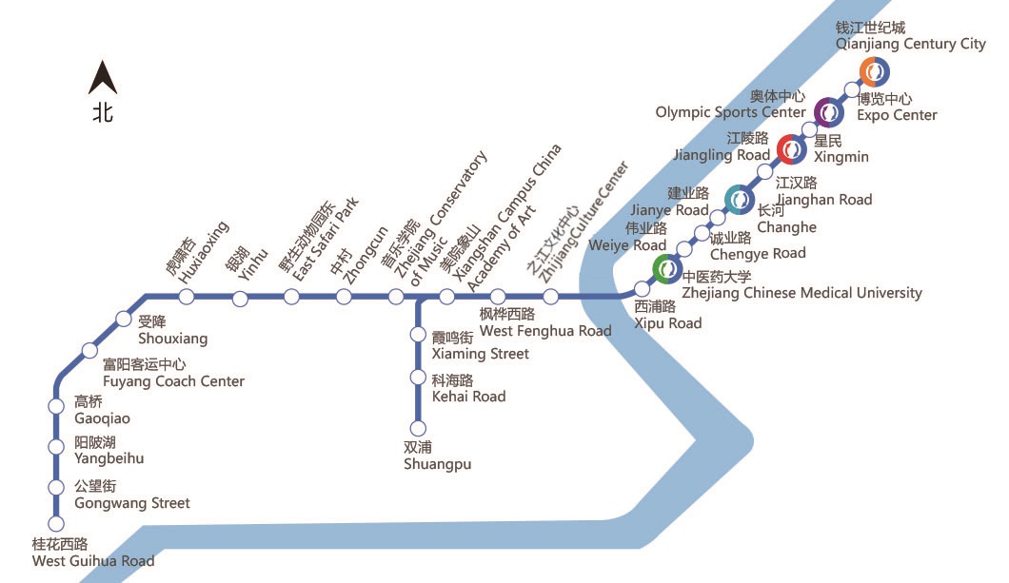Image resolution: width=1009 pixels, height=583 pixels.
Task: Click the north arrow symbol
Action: pos(102,78)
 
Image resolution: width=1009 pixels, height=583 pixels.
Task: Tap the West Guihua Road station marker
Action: pos(56,523)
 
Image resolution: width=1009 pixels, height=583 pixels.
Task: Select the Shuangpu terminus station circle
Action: pos(417,428)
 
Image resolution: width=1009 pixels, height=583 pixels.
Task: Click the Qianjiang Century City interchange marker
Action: pos(874,71)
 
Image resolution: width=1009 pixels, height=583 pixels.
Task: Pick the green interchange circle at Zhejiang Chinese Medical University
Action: pos(667,270)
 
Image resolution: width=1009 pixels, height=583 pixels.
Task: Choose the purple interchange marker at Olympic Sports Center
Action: pos(829,112)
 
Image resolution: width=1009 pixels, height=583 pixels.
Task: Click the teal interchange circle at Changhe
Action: pos(740,199)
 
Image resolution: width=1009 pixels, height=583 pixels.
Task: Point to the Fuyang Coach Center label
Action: pos(173,373)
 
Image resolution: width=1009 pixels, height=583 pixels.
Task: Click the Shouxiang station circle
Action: pos(123,319)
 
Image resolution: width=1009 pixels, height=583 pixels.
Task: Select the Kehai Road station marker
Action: pos(417,379)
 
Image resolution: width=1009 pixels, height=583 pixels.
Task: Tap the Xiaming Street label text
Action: pos(480,346)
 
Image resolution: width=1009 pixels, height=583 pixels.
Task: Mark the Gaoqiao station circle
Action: pos(56,407)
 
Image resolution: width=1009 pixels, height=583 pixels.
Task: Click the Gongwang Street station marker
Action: pos(56,488)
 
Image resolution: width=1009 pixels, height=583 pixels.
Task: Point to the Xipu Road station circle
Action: pos(643,288)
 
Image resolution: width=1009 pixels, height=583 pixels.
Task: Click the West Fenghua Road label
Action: pos(544,322)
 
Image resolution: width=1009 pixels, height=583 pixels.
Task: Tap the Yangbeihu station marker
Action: pos(56,448)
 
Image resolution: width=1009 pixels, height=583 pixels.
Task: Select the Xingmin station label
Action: pos(841,148)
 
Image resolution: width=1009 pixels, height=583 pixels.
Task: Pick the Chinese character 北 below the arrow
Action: pos(103,112)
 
